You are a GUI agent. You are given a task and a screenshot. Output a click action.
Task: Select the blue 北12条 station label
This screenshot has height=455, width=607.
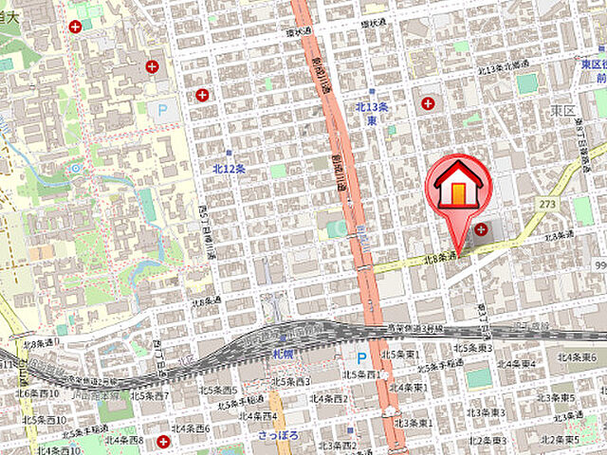click(230, 168)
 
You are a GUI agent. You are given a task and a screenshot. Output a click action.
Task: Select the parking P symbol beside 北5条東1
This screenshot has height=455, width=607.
click(361, 357)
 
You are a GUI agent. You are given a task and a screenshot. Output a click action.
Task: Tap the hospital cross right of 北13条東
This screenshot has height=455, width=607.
click(428, 102)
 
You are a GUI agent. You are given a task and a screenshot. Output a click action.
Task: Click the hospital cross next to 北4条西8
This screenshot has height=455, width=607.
click(164, 442)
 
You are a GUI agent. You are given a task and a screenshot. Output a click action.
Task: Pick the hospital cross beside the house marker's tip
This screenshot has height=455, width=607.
click(482, 229)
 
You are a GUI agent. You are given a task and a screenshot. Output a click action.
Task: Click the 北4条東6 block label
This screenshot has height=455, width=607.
click(576, 356)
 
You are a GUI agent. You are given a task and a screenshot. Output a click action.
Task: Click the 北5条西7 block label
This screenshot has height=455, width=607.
click(153, 395)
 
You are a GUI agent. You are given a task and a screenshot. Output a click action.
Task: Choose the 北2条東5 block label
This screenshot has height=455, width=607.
click(561, 440)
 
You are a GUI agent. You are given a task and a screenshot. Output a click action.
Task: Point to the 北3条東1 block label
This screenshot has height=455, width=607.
click(415, 424)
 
